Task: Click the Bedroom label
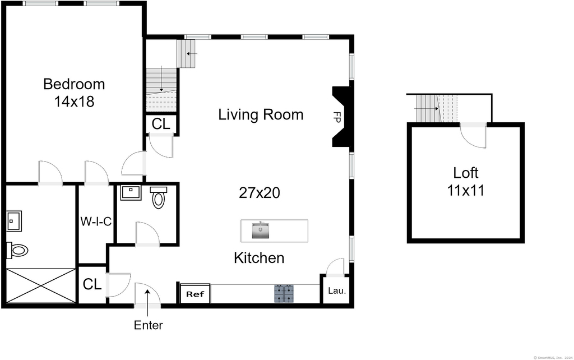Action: coord(74,84)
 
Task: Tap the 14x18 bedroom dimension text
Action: coord(74,101)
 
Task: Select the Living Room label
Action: coord(261,114)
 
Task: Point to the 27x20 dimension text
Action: coord(259,193)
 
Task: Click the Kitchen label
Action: coord(259,258)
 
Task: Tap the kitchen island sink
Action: coord(260,230)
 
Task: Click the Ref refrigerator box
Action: coord(195,294)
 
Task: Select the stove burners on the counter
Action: coord(284,294)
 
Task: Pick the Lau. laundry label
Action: coord(337,291)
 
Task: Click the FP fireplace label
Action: coord(337,117)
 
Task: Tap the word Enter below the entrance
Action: coord(148,325)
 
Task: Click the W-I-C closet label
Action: coord(96,221)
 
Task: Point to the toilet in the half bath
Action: coord(159,197)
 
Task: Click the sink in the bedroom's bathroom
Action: coord(14,221)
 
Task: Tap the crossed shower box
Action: coord(41,285)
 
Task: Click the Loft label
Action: coord(466,173)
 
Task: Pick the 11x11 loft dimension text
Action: coord(466,191)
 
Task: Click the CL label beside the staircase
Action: coord(161,124)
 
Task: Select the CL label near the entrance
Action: coord(92,284)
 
